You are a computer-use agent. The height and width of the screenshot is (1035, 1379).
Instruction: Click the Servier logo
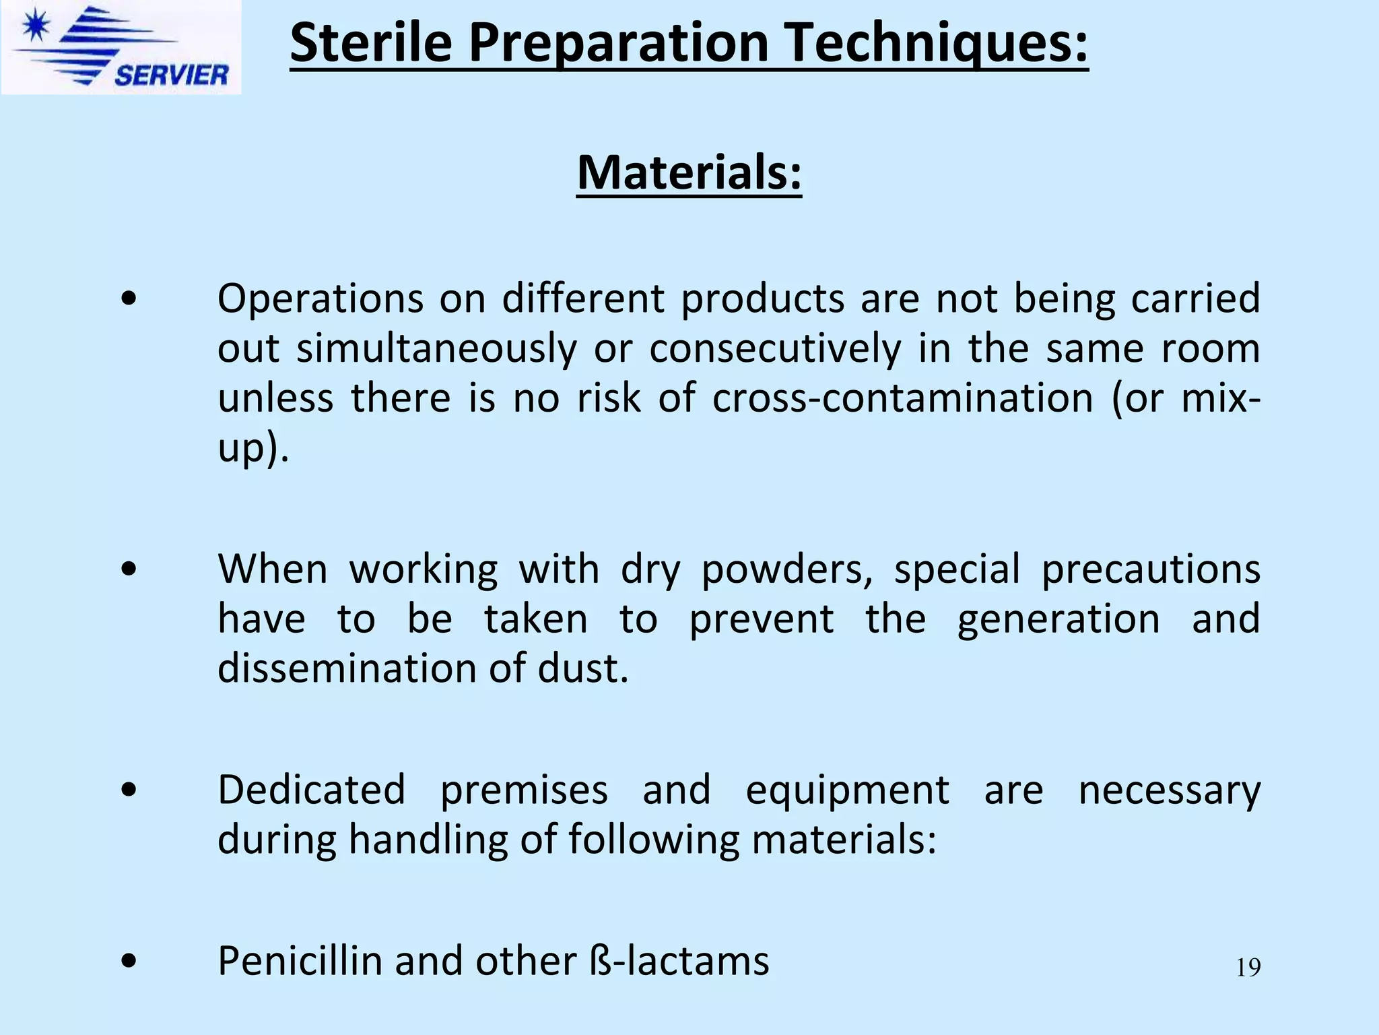[121, 47]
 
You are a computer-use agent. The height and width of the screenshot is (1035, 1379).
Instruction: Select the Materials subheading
[689, 172]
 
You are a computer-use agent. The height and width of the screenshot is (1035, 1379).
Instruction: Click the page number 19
[1248, 968]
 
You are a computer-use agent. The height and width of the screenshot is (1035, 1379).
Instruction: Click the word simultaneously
[436, 348]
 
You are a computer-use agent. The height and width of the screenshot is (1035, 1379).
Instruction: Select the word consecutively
[775, 348]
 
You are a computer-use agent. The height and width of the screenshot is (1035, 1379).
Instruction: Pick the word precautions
[1150, 569]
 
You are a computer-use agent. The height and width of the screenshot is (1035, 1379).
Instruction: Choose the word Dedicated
[312, 790]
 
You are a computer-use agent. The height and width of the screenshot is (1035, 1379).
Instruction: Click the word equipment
[847, 790]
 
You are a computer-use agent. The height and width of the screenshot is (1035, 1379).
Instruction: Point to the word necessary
[1169, 790]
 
